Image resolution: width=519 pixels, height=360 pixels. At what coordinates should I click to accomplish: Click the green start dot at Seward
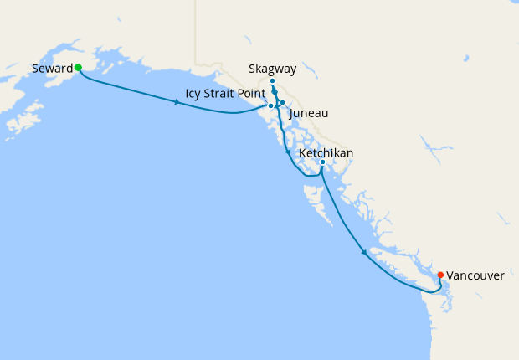click(x=78, y=67)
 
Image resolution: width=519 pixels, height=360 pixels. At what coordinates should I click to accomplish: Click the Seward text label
click(x=52, y=68)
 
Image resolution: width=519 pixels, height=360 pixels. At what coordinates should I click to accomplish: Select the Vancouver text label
click(x=475, y=275)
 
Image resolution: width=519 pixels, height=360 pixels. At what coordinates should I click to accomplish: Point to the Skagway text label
click(x=273, y=68)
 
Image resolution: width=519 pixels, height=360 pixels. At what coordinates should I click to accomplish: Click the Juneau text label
click(x=308, y=112)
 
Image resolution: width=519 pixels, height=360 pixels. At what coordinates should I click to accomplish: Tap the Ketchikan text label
click(x=326, y=153)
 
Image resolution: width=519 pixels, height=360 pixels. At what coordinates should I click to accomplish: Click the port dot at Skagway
click(x=273, y=81)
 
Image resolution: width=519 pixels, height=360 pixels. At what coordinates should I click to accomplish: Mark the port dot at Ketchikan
click(x=322, y=162)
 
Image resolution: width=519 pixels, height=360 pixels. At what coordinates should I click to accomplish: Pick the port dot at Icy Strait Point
click(x=270, y=106)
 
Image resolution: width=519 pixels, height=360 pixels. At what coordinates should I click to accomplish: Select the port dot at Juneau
click(x=283, y=103)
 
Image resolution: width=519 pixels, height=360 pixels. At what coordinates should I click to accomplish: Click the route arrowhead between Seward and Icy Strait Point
click(x=177, y=102)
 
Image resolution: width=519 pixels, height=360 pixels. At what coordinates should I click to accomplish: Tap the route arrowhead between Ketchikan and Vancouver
click(x=363, y=251)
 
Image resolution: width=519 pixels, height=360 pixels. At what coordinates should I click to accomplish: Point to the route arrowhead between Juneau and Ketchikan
click(x=288, y=153)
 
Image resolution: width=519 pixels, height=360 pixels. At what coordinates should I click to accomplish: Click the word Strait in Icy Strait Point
click(x=223, y=92)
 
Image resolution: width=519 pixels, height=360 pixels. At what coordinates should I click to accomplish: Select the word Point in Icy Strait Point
click(x=253, y=92)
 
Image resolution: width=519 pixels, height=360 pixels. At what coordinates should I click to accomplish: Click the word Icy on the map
click(x=194, y=92)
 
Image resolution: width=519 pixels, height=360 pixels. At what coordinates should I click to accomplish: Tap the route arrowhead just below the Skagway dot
click(x=275, y=92)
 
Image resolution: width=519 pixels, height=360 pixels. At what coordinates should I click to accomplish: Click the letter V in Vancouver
click(x=450, y=275)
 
